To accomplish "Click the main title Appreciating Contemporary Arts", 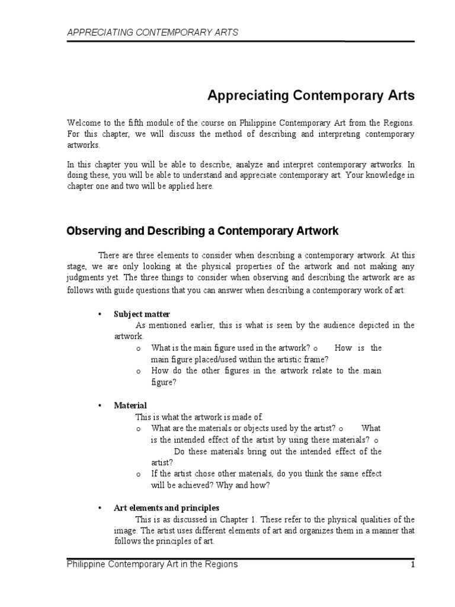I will [310, 95].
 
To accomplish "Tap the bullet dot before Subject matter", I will [100, 314].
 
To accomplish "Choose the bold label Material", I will [130, 405].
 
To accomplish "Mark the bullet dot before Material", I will [100, 406].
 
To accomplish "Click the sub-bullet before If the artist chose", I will [138, 474].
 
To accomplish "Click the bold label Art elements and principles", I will [166, 508].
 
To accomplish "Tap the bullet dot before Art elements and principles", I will [100, 509].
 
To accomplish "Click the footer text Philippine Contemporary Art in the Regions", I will [152, 564].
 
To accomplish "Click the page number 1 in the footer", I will [412, 565].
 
